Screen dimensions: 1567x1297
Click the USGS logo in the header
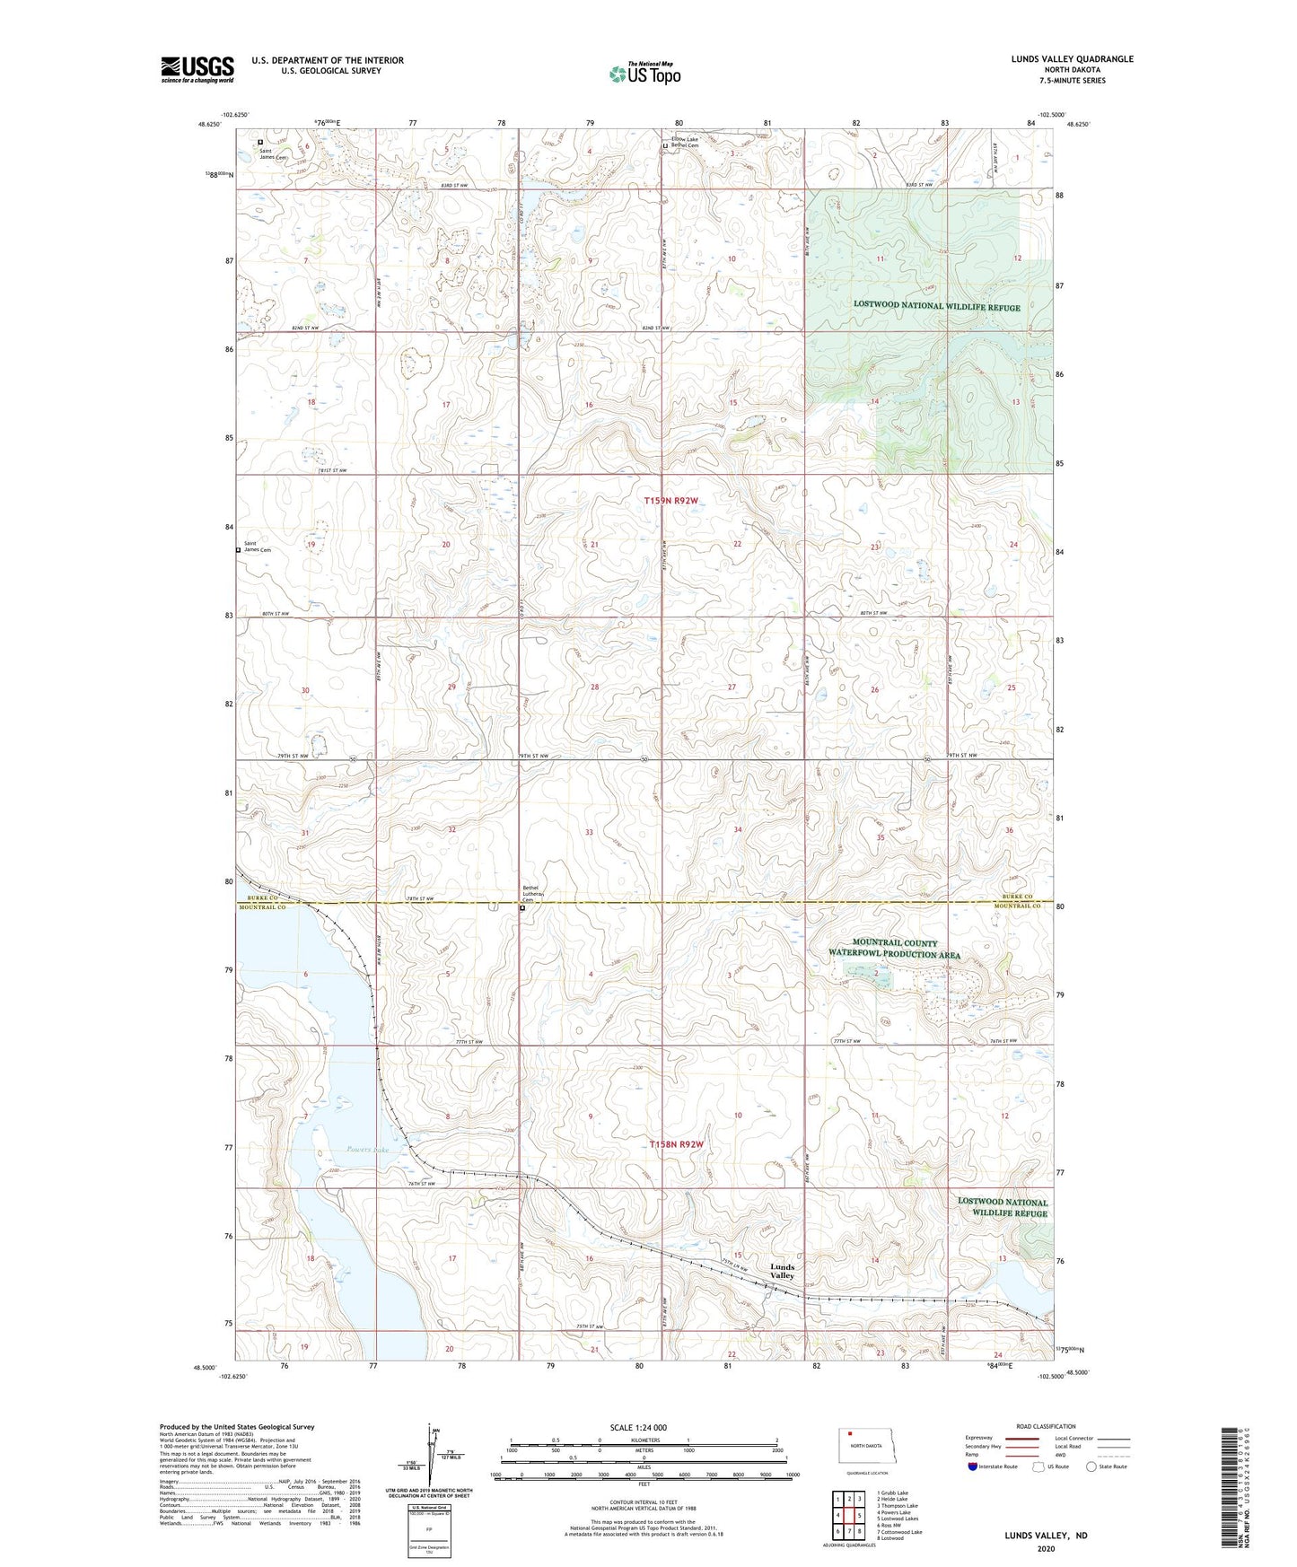point(197,69)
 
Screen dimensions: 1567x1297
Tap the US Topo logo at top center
point(644,74)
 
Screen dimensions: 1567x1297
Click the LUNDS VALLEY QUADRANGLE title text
point(1072,59)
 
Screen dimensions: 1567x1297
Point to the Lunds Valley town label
point(782,1271)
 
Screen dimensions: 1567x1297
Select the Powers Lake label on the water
point(367,1150)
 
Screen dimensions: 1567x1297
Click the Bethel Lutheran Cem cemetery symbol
point(522,907)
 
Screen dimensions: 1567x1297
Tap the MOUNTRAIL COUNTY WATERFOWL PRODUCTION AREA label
point(894,949)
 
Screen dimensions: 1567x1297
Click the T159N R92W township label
point(671,501)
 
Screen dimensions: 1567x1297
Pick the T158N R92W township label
point(676,1144)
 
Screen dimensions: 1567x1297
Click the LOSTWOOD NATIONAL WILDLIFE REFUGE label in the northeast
point(936,307)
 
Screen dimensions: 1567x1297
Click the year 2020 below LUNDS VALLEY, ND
point(1046,1548)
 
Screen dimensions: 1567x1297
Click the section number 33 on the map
point(589,832)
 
